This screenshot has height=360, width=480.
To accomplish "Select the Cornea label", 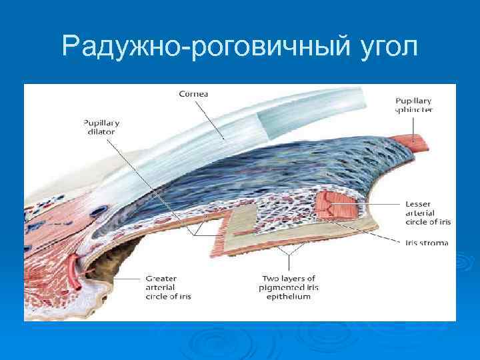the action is point(193,94).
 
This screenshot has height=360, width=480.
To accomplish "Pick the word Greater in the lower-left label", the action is point(161,277).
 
